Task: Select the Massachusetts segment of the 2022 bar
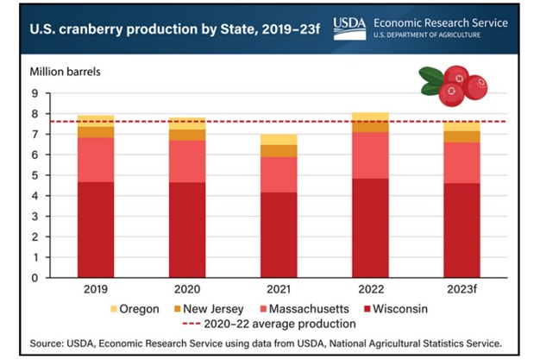(x=369, y=155)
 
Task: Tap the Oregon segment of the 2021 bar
(x=279, y=139)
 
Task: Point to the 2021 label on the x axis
(x=279, y=289)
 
